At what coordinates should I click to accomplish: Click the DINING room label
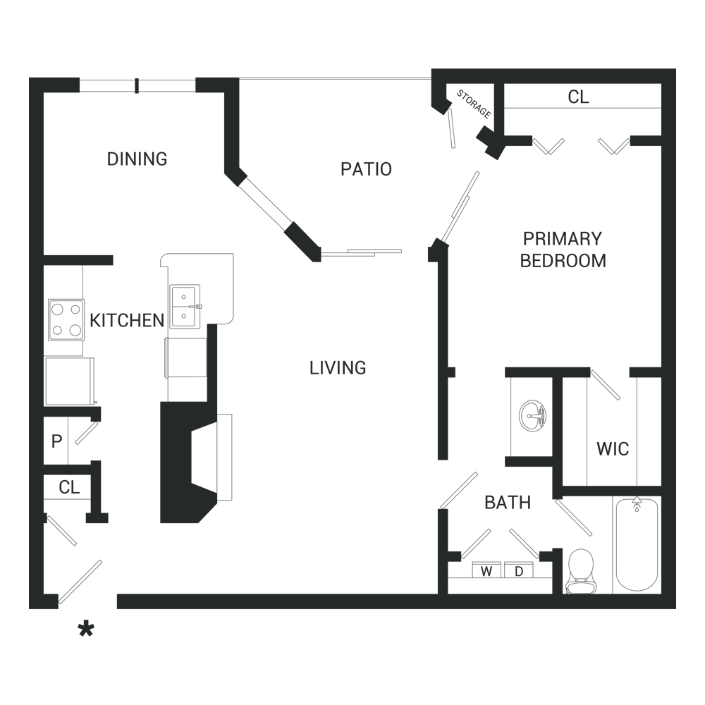137,159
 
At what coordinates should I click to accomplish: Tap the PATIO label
366,169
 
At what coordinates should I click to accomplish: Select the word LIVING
338,367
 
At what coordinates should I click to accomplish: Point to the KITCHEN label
126,321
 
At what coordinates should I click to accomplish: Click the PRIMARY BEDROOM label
563,249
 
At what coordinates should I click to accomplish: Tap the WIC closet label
612,448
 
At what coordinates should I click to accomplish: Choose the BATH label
507,502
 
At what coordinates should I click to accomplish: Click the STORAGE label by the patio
473,104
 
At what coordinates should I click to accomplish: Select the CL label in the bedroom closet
578,97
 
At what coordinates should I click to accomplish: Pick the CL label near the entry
69,487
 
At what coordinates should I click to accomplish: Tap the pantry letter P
56,442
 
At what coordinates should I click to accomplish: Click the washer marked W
486,571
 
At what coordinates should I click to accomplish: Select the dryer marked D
519,571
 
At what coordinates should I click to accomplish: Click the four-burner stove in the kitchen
66,319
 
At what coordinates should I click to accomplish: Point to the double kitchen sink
185,307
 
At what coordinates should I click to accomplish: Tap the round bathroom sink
532,417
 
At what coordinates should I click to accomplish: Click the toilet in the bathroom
580,571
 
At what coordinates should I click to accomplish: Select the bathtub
637,544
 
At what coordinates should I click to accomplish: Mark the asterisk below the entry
86,629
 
